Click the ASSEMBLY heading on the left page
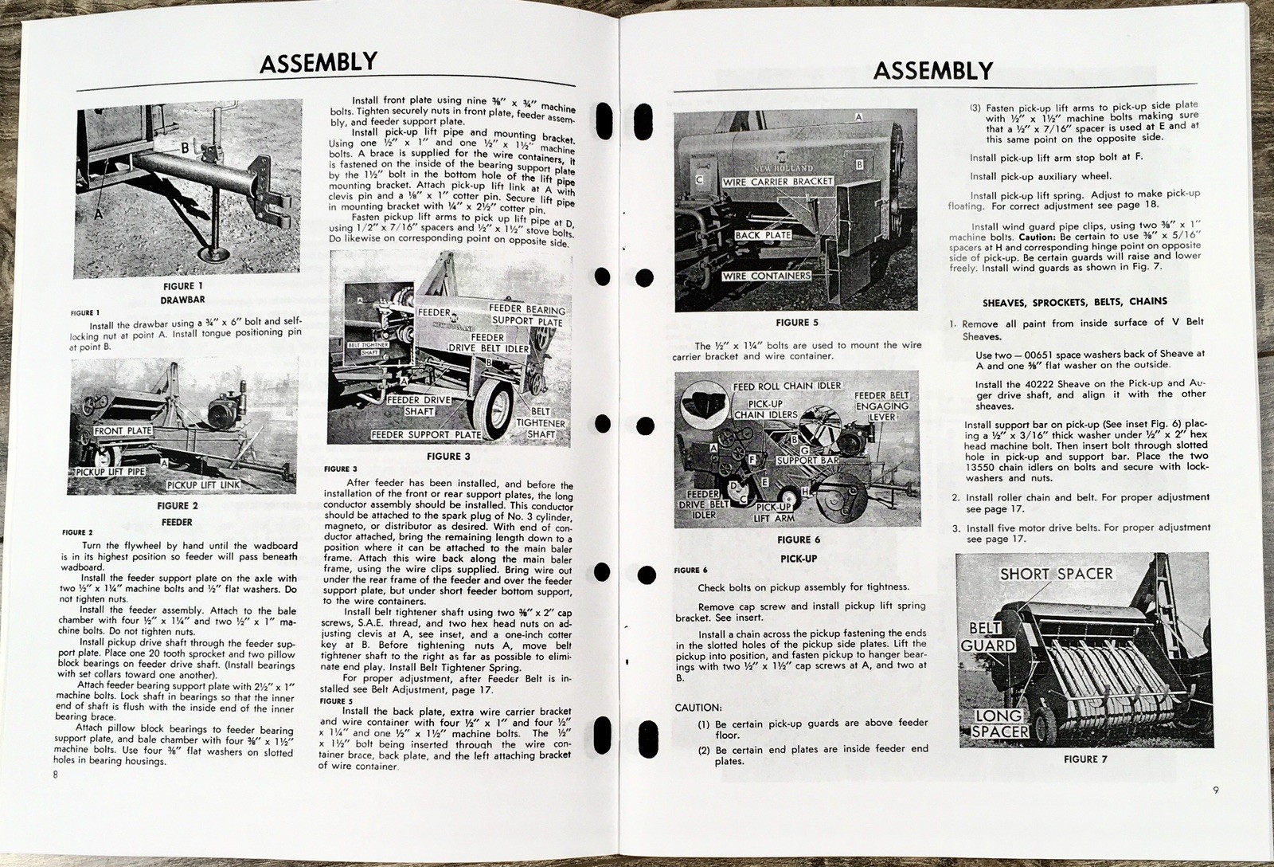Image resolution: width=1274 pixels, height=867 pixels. pyautogui.click(x=318, y=63)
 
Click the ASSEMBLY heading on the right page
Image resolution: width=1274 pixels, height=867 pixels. pyautogui.click(x=932, y=71)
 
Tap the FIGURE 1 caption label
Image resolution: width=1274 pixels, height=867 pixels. pyautogui.click(x=179, y=286)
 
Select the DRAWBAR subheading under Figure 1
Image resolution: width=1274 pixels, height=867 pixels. pyautogui.click(x=178, y=300)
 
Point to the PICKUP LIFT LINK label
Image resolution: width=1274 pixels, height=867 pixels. pyautogui.click(x=202, y=484)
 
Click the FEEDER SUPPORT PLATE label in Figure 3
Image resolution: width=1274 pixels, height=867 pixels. pyautogui.click(x=426, y=435)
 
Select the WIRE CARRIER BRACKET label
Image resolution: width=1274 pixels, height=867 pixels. pyautogui.click(x=777, y=182)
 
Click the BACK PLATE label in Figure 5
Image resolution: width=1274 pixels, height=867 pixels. pyautogui.click(x=763, y=236)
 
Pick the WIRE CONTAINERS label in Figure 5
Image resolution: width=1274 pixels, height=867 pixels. pyautogui.click(x=766, y=277)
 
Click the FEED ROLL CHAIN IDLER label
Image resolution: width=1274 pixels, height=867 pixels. pyautogui.click(x=787, y=386)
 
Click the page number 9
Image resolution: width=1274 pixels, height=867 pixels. pyautogui.click(x=1216, y=790)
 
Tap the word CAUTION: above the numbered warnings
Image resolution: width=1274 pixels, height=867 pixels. pyautogui.click(x=698, y=707)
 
